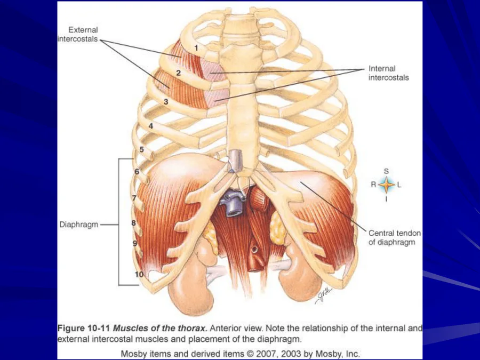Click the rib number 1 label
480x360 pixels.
tap(197, 47)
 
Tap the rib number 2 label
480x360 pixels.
tap(179, 73)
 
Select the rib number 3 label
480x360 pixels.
tap(166, 101)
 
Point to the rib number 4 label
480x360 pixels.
tap(151, 126)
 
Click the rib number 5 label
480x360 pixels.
tap(142, 150)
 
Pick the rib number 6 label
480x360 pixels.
tap(137, 172)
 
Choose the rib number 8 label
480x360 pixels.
tap(134, 222)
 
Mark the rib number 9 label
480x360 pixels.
tap(135, 243)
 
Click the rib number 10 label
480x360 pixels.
tap(139, 275)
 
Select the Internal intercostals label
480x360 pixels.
tap(388, 73)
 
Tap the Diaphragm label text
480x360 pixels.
tap(78, 225)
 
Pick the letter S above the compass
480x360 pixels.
tap(387, 171)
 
